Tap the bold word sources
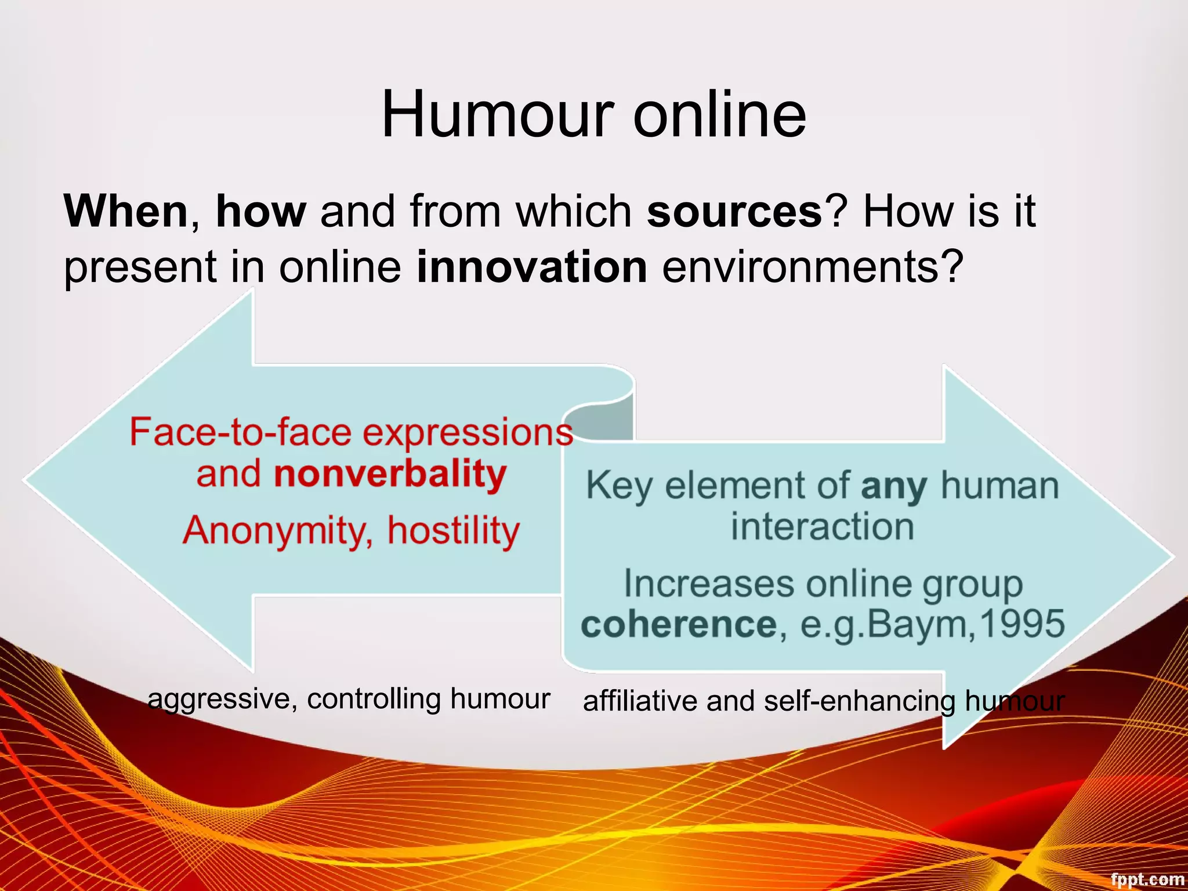coord(734,211)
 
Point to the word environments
coord(812,267)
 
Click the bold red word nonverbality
coord(390,475)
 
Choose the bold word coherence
coord(679,624)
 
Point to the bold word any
coord(894,486)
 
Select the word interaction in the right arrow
coord(822,527)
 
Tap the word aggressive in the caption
coord(223,700)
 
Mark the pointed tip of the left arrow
coord(24,480)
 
